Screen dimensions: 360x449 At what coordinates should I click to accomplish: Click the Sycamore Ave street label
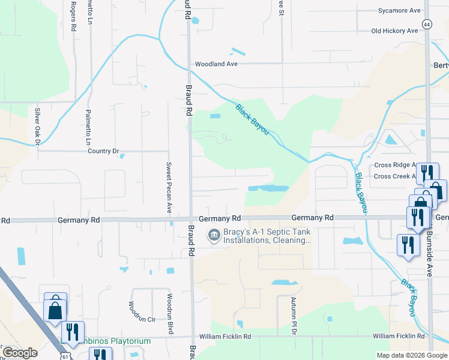coord(399,11)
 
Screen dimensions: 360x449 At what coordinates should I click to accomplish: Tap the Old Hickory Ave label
coord(394,31)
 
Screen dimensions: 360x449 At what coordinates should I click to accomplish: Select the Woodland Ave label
coord(216,64)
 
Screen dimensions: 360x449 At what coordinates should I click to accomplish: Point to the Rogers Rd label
coord(73,17)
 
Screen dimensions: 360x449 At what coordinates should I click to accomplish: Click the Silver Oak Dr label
coord(37,127)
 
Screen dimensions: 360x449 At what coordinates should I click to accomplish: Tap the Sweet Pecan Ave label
coord(169,188)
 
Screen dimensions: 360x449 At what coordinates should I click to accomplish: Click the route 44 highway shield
coord(426,24)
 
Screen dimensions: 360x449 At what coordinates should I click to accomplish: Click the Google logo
coord(20,353)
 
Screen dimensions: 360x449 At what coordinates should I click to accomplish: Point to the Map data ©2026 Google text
coord(411,355)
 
